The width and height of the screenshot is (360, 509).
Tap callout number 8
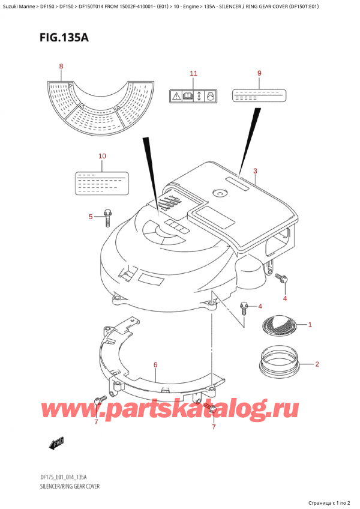pos(61,66)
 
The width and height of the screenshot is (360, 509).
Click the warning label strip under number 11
pos(193,95)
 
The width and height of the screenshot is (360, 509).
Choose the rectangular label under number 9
pos(259,95)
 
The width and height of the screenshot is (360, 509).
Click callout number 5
pos(91,217)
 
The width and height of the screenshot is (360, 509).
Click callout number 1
pos(310,325)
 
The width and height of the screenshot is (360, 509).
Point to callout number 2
pos(316,364)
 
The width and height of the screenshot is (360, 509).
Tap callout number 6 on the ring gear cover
pos(155,364)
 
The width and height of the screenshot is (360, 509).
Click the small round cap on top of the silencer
pos(219,193)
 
